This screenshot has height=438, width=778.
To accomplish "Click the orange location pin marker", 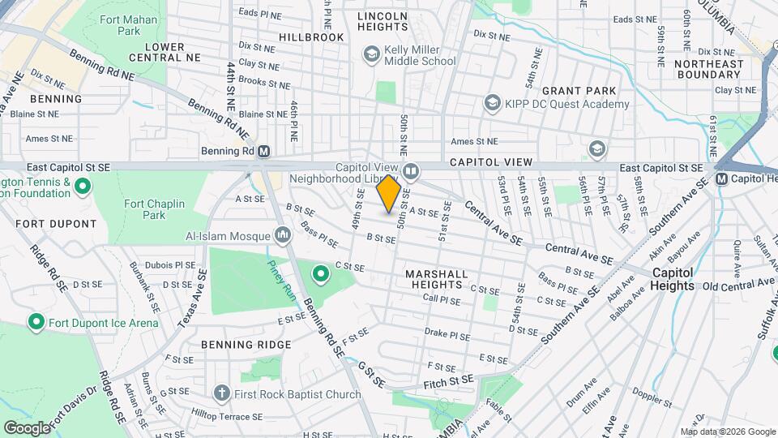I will point(389,194).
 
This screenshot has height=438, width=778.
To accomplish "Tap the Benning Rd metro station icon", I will point(264,151).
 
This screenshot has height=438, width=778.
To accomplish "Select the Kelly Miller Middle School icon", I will point(372,55).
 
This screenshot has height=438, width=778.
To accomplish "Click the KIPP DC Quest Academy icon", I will point(491,104).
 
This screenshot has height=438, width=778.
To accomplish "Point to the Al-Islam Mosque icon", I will point(283,235).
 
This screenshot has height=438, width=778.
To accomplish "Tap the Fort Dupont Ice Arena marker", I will point(36,323).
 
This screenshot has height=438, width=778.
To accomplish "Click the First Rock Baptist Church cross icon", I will point(221,394).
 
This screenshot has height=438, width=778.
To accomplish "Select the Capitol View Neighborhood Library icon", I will point(411,171).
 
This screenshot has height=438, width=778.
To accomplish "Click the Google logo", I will point(27,427).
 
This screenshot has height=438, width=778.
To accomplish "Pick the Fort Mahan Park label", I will point(118,24).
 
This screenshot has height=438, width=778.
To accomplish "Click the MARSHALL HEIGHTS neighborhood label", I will point(438,279).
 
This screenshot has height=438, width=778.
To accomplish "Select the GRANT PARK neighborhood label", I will point(579,91).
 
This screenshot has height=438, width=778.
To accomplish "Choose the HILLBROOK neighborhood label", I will point(311,37).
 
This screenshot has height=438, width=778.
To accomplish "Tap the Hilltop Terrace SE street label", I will point(223,416).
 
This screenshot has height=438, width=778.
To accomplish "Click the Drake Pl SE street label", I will point(447,333).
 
